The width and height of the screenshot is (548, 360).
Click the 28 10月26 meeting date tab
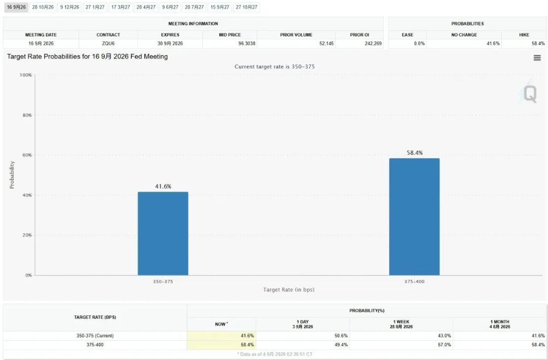pos(43,7)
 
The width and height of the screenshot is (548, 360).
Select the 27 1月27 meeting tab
pos(95,7)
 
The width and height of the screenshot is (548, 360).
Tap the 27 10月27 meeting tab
pos(247,7)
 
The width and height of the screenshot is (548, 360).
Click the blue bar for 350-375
pos(163,233)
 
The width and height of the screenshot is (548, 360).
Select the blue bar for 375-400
pos(415,217)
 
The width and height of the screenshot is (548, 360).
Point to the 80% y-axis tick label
pos(27,115)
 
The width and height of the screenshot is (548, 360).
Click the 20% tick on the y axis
pos(27,235)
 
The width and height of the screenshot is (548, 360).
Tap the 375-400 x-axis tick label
pos(415,281)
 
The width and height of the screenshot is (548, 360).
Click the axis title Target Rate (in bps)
pos(289,290)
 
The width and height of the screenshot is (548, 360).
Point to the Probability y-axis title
pos(12,174)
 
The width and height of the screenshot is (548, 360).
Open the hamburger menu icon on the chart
pos(537,58)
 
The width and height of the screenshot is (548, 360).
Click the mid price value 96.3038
pos(247,44)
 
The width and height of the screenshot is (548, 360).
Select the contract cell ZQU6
pos(109,44)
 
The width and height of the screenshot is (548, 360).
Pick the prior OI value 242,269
pos(373,44)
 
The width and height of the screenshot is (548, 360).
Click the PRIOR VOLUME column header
pos(296,35)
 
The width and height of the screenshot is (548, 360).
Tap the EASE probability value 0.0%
pos(420,44)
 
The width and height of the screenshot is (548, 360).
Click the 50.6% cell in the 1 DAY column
pos(341,336)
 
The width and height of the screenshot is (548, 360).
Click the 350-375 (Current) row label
pos(95,336)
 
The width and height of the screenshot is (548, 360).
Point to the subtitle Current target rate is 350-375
pos(275,67)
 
